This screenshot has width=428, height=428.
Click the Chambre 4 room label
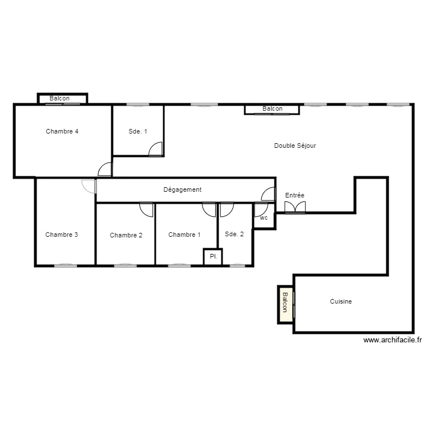coord(62,131)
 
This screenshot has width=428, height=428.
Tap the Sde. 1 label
coord(138,131)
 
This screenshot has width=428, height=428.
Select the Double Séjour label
coord(295,146)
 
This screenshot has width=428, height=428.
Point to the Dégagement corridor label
coord(183,189)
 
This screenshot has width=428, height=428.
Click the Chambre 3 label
coord(62,235)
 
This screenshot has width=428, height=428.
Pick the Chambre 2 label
coord(126,235)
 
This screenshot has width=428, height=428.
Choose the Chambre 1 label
coord(184,235)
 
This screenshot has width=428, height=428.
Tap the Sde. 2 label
coord(234,234)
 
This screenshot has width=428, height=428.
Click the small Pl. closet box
coord(213,257)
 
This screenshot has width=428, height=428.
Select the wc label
coord(264,218)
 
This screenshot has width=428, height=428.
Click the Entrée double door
coord(295,208)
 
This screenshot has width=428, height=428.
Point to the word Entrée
coord(294,195)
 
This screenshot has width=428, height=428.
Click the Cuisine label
coord(341,301)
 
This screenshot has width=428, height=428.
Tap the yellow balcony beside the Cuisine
coord(286,305)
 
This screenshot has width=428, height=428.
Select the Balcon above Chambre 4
coord(63,99)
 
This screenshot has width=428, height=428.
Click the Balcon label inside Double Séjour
coord(272,108)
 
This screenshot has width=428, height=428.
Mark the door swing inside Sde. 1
coord(155,149)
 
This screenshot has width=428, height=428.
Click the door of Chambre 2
coord(146,209)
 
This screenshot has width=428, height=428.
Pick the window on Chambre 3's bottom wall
coord(66,265)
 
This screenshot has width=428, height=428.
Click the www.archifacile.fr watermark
coord(393,340)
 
